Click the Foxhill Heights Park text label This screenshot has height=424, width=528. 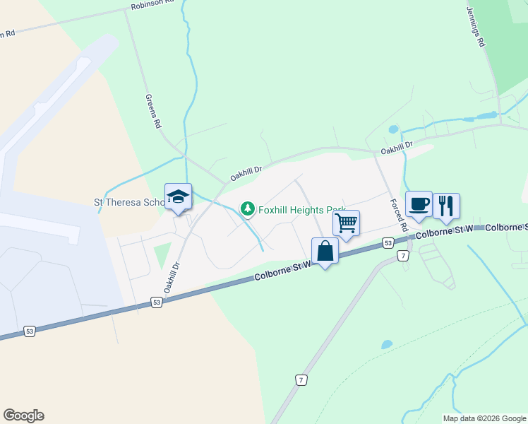tap(299, 210)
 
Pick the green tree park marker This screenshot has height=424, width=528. tap(247, 208)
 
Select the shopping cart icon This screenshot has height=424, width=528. tap(346, 223)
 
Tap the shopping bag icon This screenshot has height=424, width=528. tap(325, 251)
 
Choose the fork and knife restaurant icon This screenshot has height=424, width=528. tap(446, 206)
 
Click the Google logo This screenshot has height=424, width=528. tap(23, 416)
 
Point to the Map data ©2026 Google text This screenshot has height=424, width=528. tap(484, 418)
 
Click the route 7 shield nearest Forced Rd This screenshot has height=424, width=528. tap(402, 255)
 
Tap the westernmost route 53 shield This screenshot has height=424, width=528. tap(29, 330)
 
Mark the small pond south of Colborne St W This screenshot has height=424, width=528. tap(387, 345)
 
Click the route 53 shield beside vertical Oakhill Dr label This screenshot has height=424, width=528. tap(157, 302)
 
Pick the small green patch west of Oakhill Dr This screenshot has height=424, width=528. tap(162, 254)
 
